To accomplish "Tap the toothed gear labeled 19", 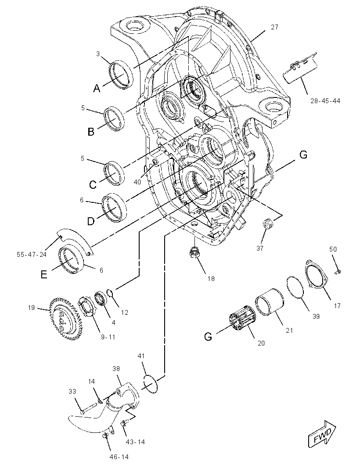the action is click(65, 319).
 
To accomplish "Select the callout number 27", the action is click(274, 27).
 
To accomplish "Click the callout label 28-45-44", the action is click(325, 101).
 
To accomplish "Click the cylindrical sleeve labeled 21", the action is click(270, 302).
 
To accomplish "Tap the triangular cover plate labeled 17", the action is click(316, 274).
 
